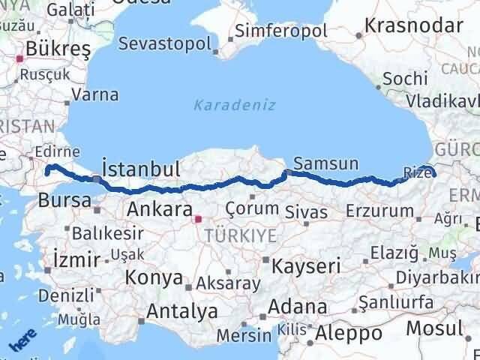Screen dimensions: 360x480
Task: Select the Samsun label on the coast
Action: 326,163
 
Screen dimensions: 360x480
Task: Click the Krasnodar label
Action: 407,24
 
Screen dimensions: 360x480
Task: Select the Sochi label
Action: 405,78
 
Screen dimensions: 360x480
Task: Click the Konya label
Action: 155,277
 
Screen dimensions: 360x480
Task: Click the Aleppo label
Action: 349,332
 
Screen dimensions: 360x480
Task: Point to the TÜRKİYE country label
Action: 245,236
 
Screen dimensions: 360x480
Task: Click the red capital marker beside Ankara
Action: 198,220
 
